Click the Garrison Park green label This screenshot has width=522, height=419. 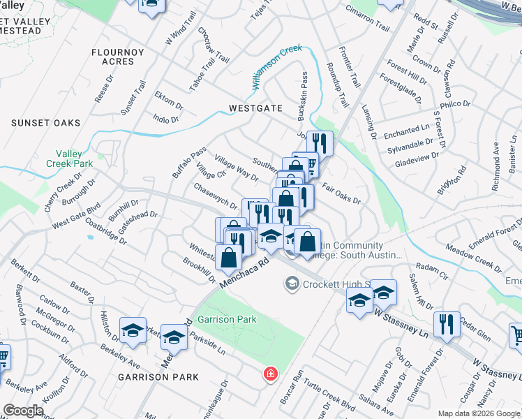(x=227, y=319)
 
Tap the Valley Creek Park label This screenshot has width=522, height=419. (x=69, y=159)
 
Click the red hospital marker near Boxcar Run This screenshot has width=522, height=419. (x=269, y=375)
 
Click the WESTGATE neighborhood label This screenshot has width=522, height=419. (x=255, y=108)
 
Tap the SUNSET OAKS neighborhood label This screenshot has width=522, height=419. (x=46, y=123)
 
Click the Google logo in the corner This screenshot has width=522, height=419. (x=23, y=411)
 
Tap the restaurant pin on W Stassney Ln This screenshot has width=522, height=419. (x=446, y=325)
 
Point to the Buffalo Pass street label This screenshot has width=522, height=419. (x=188, y=161)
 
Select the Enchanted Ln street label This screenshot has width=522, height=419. (x=407, y=131)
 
